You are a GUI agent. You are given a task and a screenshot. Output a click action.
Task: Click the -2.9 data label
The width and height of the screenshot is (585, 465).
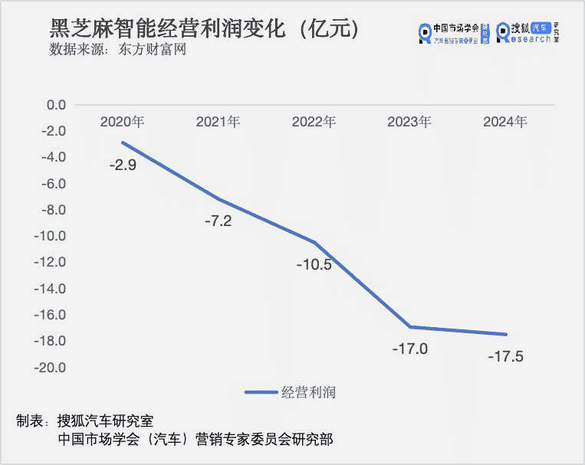(x=123, y=165)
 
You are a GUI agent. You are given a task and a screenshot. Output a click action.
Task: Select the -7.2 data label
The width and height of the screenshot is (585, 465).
(x=218, y=222)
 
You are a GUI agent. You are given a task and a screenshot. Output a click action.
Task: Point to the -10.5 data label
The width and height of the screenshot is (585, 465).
(x=314, y=265)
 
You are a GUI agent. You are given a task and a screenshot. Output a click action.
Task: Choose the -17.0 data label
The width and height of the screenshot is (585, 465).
(x=409, y=349)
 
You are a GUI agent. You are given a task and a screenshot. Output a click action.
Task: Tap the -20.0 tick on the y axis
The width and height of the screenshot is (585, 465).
(x=51, y=368)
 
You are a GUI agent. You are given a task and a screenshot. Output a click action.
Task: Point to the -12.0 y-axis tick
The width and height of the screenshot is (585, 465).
(x=51, y=263)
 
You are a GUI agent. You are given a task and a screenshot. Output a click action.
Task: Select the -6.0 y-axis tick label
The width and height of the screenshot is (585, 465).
(x=54, y=184)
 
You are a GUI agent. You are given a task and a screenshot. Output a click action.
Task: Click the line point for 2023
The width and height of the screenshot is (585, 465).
(x=409, y=327)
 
